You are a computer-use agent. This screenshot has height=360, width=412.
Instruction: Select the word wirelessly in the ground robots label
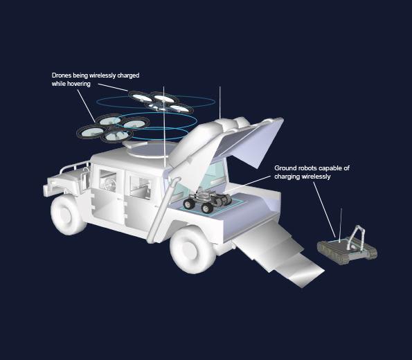316,177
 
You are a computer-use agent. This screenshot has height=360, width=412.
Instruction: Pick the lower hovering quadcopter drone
113,128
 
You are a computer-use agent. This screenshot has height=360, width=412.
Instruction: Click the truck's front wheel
67,214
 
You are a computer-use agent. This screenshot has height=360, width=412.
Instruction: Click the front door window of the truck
108,180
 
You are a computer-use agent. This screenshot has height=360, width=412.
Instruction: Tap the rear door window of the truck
141,187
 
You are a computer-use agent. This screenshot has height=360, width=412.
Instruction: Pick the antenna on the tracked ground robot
340,225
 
